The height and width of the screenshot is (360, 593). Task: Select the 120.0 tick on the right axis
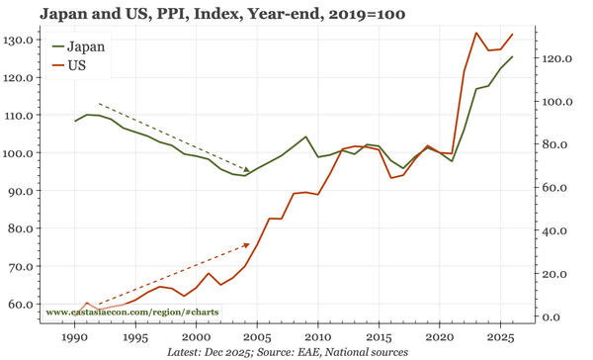[556, 58]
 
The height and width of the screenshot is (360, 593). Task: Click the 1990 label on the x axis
[74, 337]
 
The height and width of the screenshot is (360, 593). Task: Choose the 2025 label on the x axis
[500, 337]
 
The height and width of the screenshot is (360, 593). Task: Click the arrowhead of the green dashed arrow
[247, 170]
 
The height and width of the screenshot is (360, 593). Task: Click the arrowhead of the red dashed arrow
[247, 244]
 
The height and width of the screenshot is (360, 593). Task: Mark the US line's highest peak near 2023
[476, 34]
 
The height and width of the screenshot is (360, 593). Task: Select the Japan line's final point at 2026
[513, 56]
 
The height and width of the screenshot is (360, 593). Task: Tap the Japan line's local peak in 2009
[305, 136]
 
